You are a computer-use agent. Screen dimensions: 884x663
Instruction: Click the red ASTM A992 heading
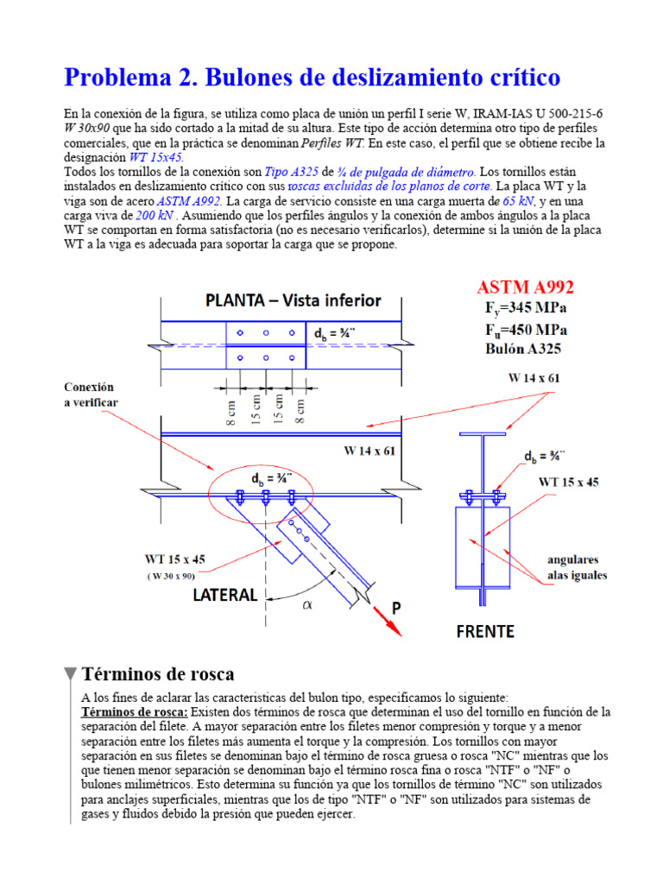click(x=526, y=287)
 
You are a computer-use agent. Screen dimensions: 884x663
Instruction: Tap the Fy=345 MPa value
click(x=526, y=309)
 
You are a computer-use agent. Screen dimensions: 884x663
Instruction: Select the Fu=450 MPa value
click(x=526, y=330)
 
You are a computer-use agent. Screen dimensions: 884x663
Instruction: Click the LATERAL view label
click(x=224, y=595)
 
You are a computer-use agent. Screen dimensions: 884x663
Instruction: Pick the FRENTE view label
click(x=484, y=631)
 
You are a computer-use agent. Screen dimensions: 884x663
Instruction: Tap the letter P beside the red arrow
click(x=397, y=608)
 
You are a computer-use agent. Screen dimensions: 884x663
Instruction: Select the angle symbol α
click(x=306, y=605)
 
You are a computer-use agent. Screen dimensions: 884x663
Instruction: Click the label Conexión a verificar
click(x=90, y=395)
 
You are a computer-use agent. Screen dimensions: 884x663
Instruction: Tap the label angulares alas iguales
click(x=578, y=567)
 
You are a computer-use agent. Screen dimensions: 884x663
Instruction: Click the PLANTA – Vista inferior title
click(x=293, y=300)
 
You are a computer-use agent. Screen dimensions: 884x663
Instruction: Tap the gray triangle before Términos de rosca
click(x=70, y=674)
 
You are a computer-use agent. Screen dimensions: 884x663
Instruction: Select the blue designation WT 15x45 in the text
click(x=156, y=157)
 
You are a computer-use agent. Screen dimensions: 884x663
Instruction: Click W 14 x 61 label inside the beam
click(x=372, y=449)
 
